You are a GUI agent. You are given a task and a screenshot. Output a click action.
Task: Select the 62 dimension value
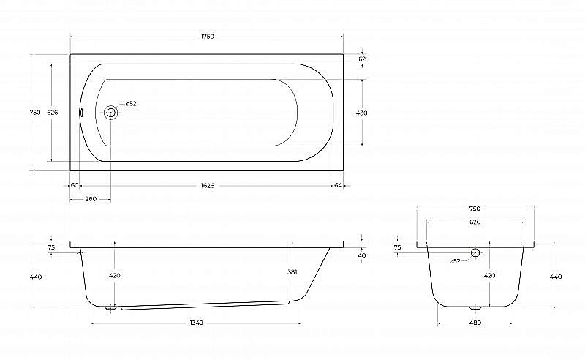tap(363, 59)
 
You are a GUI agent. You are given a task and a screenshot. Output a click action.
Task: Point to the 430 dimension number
tap(362, 113)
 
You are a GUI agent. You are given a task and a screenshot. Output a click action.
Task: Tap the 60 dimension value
tap(75, 185)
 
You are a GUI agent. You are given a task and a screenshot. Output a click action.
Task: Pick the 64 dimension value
tap(338, 185)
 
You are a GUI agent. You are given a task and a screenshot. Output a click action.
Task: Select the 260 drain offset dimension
tap(90, 199)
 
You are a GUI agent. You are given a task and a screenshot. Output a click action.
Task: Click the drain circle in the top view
tap(110, 113)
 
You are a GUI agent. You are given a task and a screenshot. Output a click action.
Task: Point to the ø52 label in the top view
tap(131, 104)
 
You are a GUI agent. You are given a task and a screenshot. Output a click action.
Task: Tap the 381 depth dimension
tap(292, 271)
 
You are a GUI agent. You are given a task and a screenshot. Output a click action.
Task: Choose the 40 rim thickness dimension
tap(363, 255)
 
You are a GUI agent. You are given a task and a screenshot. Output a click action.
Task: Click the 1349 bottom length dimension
tap(196, 322)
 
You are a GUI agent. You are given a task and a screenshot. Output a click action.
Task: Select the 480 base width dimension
tap(475, 322)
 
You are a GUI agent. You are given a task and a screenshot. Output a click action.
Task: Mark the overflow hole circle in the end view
tap(475, 252)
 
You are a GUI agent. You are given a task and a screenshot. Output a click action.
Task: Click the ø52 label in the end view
tap(454, 261)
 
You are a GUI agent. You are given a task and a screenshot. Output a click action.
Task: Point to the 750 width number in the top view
tap(34, 113)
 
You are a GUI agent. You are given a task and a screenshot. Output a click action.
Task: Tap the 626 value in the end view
tap(475, 222)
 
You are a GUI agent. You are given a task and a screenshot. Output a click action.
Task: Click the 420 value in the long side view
tap(115, 276)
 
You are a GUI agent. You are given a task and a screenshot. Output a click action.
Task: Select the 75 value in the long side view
tap(51, 248)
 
